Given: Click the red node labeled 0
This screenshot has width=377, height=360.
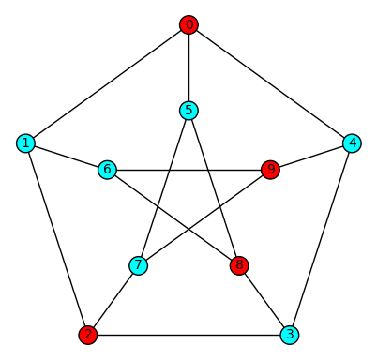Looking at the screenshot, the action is click(189, 25).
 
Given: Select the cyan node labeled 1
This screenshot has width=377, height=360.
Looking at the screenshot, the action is click(26, 143).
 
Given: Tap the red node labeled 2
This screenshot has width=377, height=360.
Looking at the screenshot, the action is click(88, 334).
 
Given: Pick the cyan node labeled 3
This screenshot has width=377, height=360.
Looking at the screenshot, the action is click(290, 334).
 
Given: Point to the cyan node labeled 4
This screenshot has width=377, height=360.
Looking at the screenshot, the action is click(352, 143).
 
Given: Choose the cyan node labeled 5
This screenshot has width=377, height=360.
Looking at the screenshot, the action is click(189, 111).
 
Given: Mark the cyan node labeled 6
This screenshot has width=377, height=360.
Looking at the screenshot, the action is click(108, 170).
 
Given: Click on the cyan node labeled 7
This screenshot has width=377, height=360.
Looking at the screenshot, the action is click(139, 265).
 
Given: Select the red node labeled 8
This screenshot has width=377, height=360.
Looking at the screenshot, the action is click(239, 265).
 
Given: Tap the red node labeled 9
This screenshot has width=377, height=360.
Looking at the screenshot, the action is click(271, 170).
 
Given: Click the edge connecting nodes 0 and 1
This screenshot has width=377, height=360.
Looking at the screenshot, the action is click(108, 84).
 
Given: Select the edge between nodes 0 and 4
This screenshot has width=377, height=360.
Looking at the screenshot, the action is click(270, 84).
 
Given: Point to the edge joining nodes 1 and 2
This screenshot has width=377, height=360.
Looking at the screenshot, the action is click(57, 239).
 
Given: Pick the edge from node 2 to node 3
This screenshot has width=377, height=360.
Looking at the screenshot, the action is click(188, 334).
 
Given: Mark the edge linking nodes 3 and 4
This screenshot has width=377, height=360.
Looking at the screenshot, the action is click(321, 239).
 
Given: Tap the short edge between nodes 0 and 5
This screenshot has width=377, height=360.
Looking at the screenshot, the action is click(189, 67).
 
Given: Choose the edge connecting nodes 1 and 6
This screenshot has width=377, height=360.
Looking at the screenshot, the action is click(68, 157).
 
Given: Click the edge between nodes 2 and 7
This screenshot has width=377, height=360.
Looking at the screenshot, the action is click(113, 300).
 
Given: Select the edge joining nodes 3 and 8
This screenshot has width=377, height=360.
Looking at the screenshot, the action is click(264, 300).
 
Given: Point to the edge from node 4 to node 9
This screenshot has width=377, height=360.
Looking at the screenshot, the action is click(311, 157).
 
